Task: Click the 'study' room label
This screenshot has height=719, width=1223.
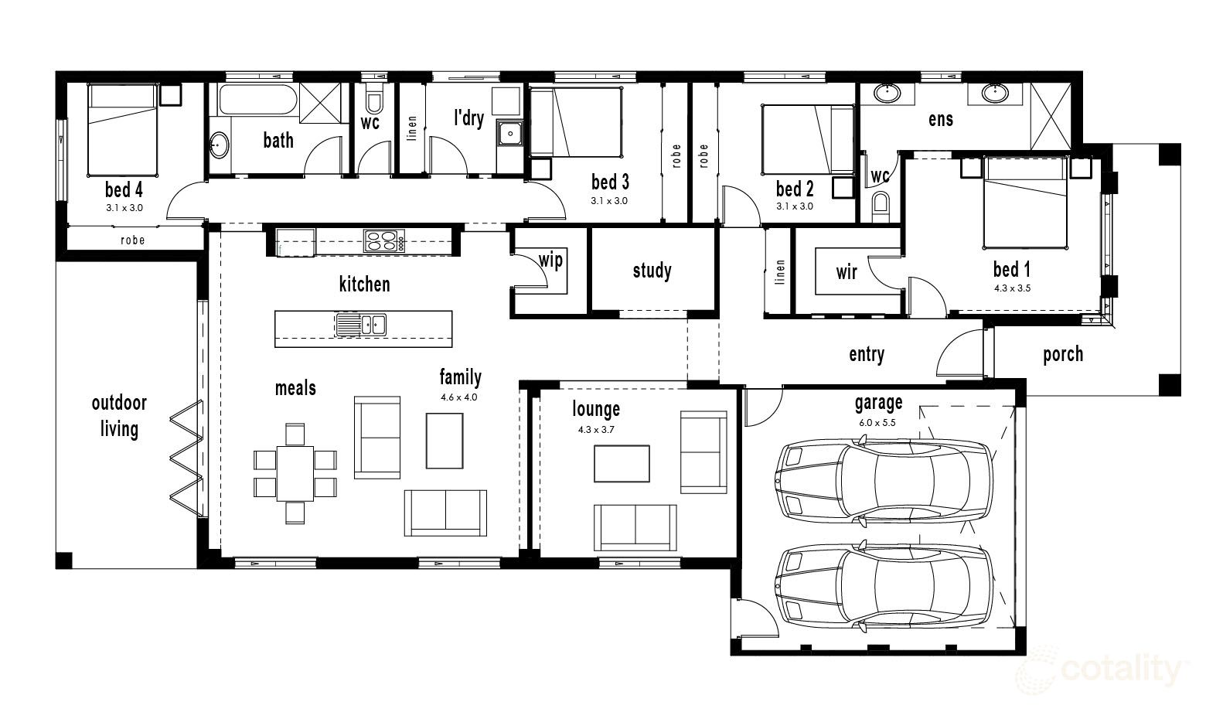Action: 652,271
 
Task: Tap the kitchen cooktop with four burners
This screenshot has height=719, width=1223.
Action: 384,241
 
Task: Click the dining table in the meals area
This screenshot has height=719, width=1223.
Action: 295,472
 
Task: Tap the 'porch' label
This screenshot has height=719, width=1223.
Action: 1063,354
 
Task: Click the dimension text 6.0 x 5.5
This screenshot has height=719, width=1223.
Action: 877,423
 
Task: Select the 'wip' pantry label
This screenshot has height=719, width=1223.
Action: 550,260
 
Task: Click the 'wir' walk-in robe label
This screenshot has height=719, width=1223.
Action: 847,271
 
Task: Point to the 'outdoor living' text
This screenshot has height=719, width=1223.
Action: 119,415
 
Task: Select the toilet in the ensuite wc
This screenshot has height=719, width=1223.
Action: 881,206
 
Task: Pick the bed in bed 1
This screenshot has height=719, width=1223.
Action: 1025,203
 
